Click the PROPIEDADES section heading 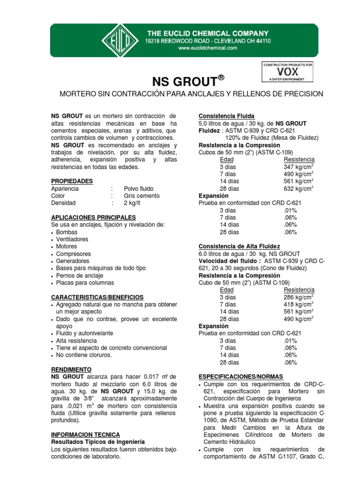coord(72,181)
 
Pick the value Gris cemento coord(142,196)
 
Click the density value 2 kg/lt coord(132,203)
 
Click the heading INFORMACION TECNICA coord(85,435)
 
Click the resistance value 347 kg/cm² coord(299,167)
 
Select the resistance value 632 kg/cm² coord(299,188)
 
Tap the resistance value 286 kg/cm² coord(299,297)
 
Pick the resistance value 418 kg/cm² coord(299,304)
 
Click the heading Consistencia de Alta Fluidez coord(239,246)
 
